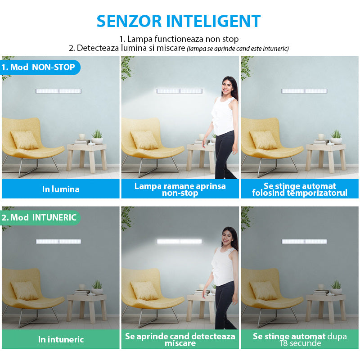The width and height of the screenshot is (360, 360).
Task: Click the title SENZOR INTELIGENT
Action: point(179,21)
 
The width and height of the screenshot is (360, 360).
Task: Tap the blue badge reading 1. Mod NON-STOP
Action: point(40,67)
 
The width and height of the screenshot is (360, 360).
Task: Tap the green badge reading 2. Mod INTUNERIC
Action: point(40,217)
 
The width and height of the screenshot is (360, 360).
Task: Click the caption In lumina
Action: point(61,189)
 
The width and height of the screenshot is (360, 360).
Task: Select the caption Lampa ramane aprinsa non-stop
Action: point(180,189)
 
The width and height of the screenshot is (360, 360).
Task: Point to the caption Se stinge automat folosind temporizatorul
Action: point(300,189)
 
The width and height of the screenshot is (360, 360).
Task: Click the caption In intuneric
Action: point(61,339)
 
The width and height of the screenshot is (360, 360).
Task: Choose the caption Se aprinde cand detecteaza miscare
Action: point(180,339)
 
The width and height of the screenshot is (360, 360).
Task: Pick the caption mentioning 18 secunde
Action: point(300,339)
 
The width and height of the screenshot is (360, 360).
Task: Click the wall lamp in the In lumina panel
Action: point(58,91)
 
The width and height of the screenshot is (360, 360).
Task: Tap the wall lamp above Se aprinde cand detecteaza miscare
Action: point(179,241)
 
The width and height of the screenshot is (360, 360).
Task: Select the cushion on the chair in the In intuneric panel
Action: point(25,290)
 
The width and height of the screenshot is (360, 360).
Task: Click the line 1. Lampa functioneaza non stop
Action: point(179,39)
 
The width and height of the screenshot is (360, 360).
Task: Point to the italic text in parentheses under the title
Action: point(238,49)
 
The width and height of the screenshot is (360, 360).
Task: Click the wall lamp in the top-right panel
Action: point(304,91)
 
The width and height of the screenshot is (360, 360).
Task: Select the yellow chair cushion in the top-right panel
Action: point(264,140)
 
